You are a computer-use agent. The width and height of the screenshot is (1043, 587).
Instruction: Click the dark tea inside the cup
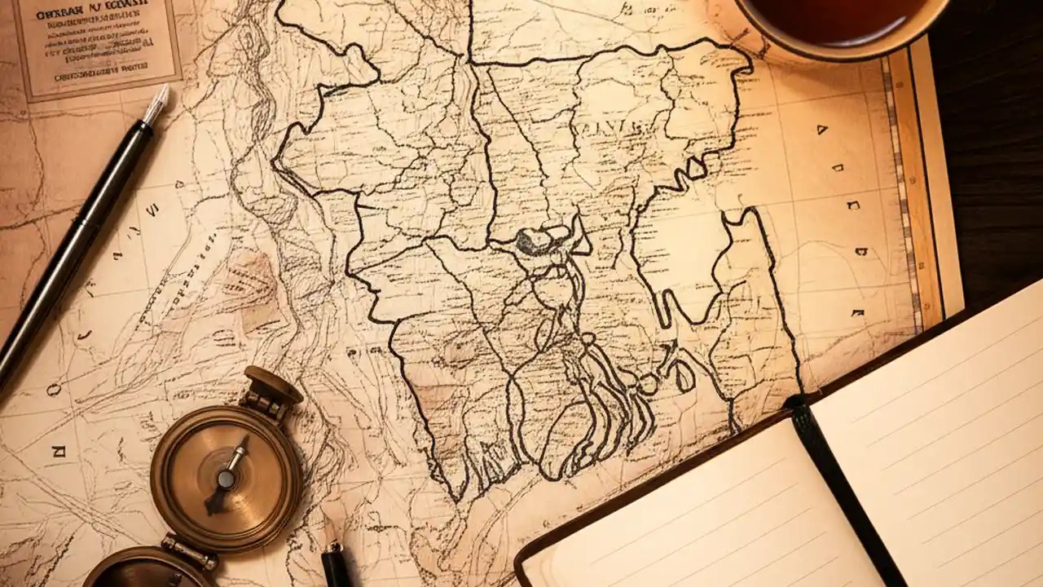coord(839,18)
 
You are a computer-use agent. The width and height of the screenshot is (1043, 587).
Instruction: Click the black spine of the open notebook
coord(847,489)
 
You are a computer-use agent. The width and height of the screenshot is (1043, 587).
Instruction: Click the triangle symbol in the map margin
coord(821,129)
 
